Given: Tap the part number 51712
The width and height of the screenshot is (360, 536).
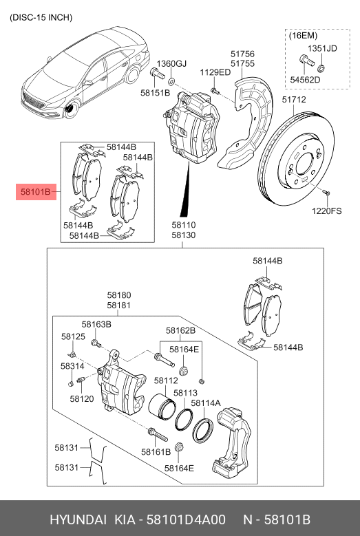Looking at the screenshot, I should pyautogui.click(x=294, y=99).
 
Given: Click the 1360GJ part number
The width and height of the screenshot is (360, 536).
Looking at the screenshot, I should pyautogui.click(x=171, y=64).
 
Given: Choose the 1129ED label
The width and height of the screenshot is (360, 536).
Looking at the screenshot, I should pyautogui.click(x=215, y=72).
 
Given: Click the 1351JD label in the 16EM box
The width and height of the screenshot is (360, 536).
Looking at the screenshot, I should pyautogui.click(x=321, y=48).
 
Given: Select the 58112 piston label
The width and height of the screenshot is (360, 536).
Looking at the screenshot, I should pyautogui.click(x=166, y=380).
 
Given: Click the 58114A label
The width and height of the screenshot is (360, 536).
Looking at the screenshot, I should pyautogui.click(x=206, y=403).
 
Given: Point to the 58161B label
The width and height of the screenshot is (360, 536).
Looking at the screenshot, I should pyautogui.click(x=156, y=452).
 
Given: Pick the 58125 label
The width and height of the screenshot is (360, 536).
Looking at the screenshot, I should pyautogui.click(x=73, y=336).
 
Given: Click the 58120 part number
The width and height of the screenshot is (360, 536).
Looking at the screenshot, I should pyautogui.click(x=81, y=399).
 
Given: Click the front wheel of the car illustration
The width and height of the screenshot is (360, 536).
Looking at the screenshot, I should pyautogui.click(x=70, y=111).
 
